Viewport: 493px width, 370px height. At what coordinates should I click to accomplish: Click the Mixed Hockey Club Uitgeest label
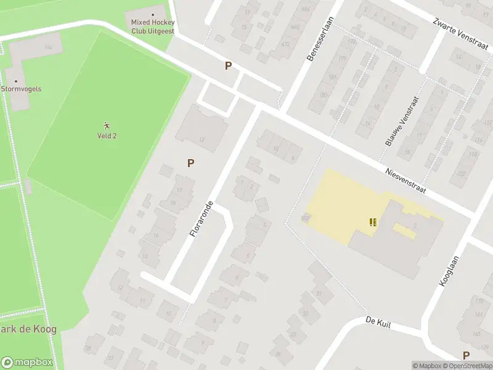click(152, 27)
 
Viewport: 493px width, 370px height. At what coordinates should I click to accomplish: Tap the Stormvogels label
click(21, 89)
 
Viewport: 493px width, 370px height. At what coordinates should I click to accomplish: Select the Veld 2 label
click(107, 136)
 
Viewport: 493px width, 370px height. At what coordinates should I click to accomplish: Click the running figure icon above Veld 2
click(107, 125)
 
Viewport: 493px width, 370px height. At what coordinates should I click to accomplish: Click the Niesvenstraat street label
click(405, 180)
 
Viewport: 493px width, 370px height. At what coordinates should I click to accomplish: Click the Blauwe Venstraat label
click(402, 121)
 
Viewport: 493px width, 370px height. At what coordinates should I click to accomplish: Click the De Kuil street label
click(378, 321)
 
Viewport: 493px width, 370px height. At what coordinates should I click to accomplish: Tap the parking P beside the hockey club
click(228, 66)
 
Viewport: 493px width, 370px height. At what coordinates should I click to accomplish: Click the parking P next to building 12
click(191, 163)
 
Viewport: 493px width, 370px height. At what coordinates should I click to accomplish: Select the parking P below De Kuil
click(466, 355)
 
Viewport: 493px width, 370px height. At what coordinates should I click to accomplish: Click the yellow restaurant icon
click(372, 222)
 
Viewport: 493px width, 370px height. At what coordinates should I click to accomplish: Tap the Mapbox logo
click(27, 363)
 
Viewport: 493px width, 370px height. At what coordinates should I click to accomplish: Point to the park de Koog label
click(28, 329)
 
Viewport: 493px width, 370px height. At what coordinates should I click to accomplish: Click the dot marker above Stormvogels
click(16, 81)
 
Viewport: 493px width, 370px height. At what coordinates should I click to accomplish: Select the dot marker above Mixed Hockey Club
click(153, 14)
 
